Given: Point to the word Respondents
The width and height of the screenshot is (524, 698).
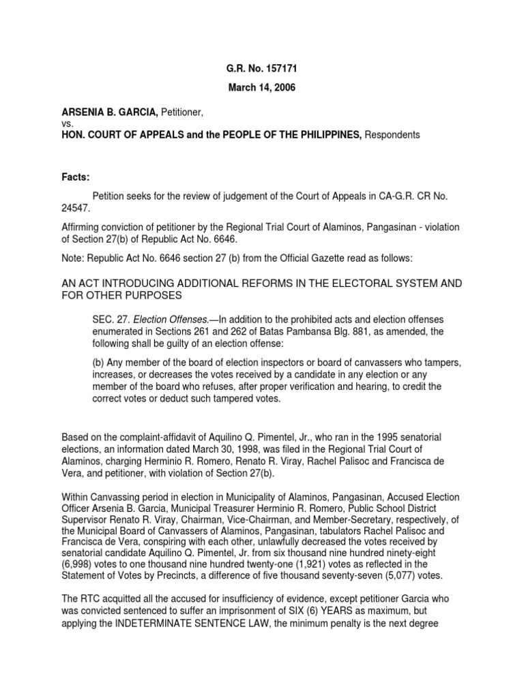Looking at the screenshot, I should tap(393, 135).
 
